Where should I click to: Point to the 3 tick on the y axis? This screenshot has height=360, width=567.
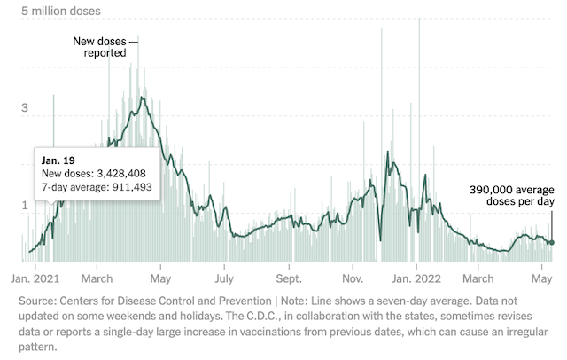click(x=26, y=109)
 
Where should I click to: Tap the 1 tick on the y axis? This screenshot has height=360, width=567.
click(x=26, y=206)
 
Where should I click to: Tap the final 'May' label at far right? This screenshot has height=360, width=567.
click(x=540, y=277)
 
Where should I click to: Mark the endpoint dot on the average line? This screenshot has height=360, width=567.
click(x=550, y=242)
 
